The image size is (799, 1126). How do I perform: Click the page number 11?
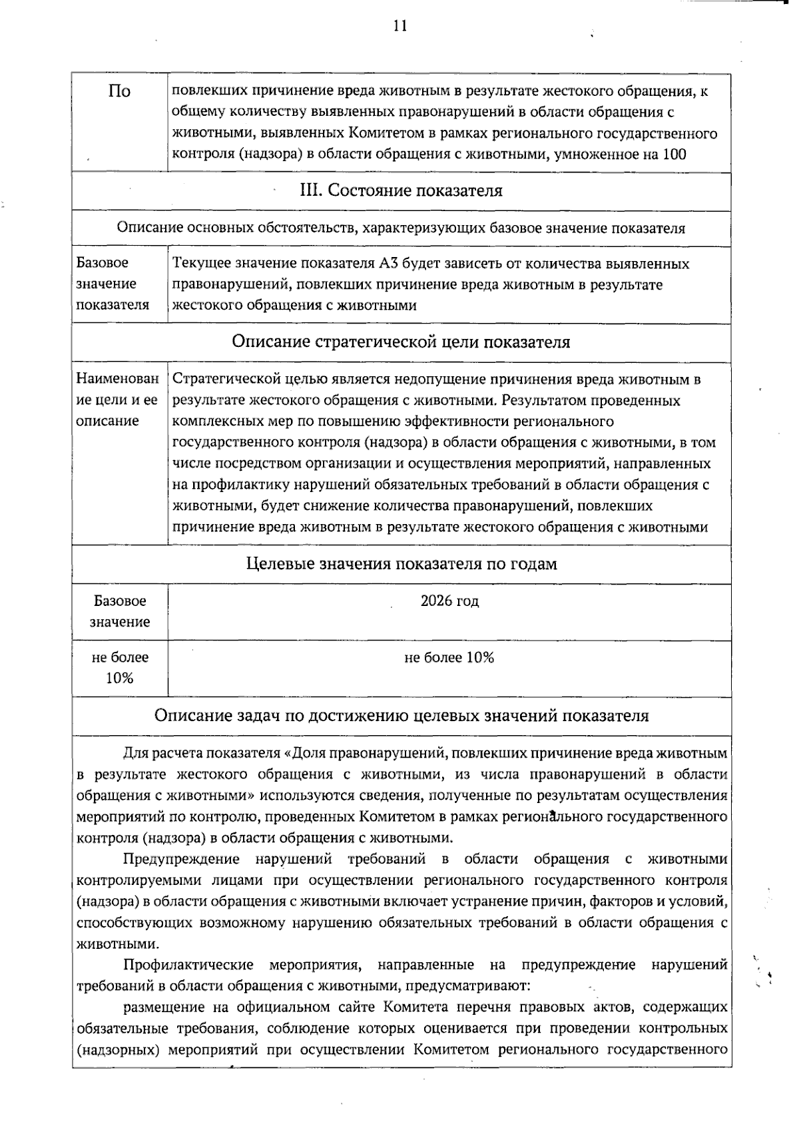click(x=400, y=26)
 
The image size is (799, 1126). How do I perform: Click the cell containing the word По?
click(x=119, y=91)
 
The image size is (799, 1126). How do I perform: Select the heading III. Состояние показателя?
click(x=401, y=191)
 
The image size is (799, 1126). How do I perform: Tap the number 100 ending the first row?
click(x=674, y=154)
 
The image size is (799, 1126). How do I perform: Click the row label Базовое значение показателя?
click(x=113, y=284)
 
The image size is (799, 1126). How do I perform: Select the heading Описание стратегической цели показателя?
click(x=401, y=342)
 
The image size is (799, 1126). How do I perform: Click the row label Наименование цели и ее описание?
click(x=117, y=400)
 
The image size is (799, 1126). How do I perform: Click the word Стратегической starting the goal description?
click(x=226, y=380)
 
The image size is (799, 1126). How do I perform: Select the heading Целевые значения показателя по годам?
click(x=401, y=564)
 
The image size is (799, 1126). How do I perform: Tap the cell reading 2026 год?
click(x=449, y=601)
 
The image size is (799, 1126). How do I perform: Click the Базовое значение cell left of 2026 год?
click(x=120, y=611)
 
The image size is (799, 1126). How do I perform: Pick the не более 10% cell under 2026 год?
click(x=449, y=658)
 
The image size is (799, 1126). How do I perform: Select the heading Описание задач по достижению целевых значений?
click(x=401, y=716)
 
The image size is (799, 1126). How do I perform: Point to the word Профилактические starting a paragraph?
click(x=188, y=965)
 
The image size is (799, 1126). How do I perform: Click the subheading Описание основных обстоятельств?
click(x=401, y=228)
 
